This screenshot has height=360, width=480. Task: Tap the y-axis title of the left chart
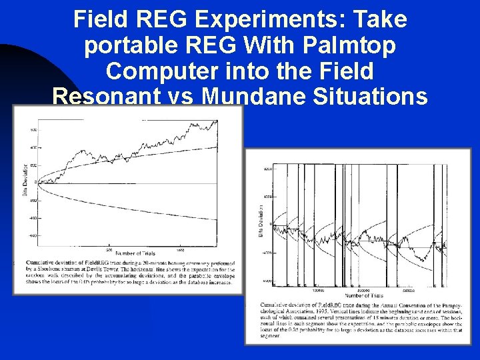(25, 184)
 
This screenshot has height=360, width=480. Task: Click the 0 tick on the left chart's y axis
(36, 182)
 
